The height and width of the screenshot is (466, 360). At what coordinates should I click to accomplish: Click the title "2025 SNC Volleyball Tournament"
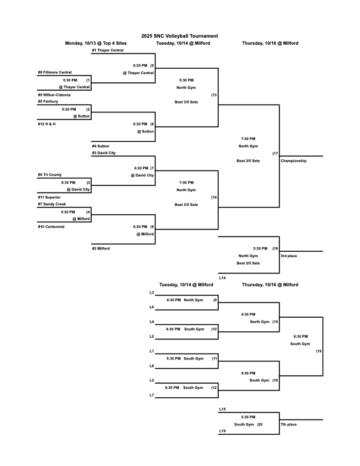point(179,36)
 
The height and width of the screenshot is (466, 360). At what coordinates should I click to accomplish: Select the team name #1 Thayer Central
point(108,51)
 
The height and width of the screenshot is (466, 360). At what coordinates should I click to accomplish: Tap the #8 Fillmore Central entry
point(55,72)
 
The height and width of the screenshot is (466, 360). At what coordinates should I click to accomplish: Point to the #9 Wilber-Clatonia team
point(54,94)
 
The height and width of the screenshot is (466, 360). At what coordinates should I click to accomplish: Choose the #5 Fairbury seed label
point(48,101)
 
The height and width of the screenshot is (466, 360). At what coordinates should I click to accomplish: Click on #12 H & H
point(47,124)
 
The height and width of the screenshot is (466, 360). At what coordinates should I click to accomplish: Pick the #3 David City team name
point(104,152)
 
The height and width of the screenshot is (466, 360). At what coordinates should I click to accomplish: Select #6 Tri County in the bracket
point(50,175)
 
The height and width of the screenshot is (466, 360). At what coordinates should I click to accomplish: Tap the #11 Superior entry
point(49,197)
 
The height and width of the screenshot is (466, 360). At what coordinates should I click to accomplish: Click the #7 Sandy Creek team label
point(52,204)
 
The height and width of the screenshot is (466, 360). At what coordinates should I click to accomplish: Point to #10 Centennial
point(51,226)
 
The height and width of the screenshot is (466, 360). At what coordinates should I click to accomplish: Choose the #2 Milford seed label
point(101,248)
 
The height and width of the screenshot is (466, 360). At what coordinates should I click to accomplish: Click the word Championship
point(294,161)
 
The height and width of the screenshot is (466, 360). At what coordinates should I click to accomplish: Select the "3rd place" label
point(288,256)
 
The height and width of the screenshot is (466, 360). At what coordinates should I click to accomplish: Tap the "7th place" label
point(288,424)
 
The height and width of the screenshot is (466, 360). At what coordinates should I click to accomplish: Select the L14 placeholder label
point(222,277)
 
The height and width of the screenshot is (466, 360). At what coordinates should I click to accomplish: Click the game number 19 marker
point(318,351)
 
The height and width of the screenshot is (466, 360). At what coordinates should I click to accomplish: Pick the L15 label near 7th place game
point(222,409)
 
